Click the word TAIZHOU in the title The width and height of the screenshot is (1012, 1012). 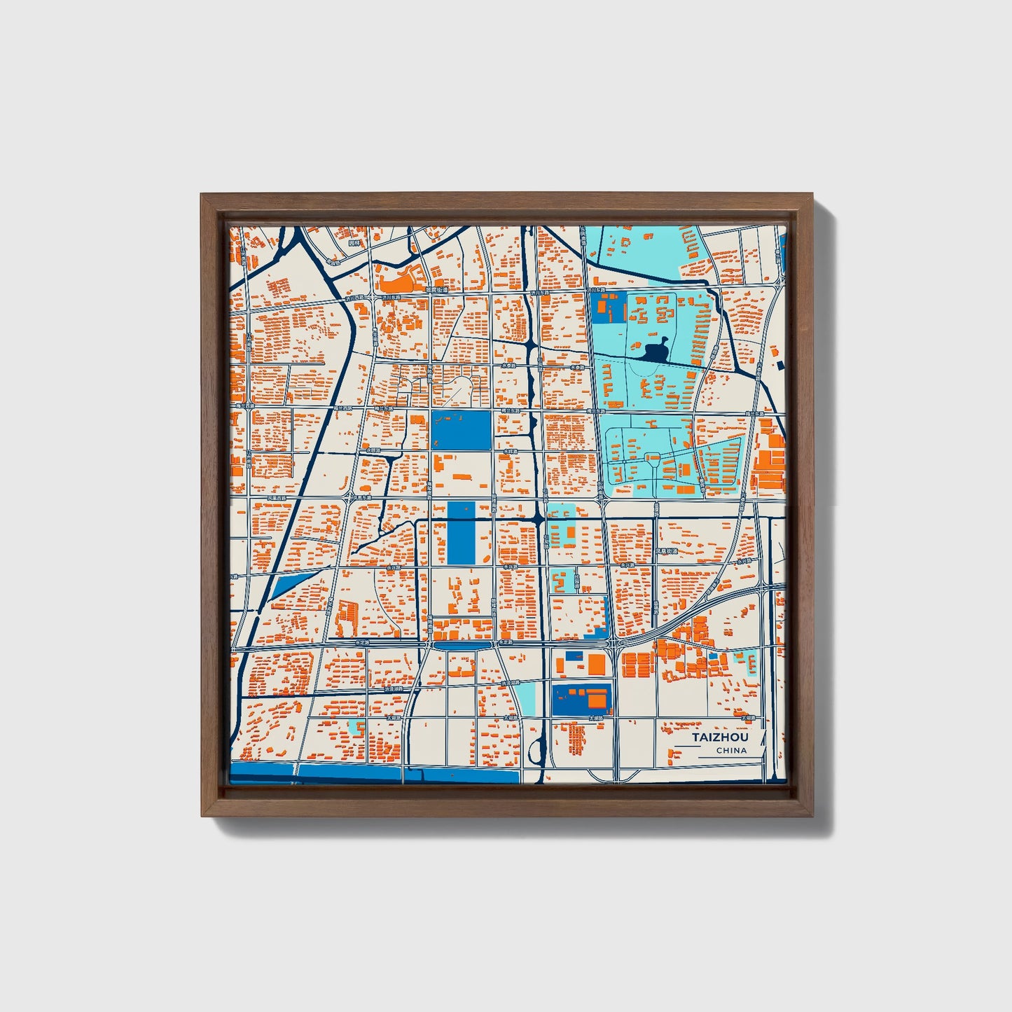[720, 737]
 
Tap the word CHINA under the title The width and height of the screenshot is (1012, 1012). [731, 751]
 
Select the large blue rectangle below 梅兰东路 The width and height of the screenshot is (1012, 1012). [461, 430]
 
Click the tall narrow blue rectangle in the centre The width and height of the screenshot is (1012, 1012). [460, 533]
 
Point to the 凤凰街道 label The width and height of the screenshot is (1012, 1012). [667, 551]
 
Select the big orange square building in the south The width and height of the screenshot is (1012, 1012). [596, 663]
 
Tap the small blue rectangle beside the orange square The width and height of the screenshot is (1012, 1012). [574, 656]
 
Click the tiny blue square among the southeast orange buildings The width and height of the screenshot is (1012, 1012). [713, 658]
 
